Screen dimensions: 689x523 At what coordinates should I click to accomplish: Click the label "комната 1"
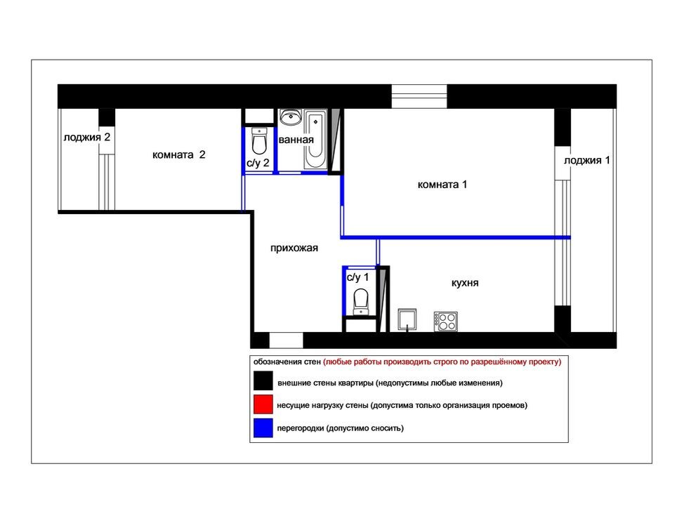pyautogui.click(x=442, y=185)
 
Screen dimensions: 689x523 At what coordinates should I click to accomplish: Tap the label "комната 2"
pyautogui.click(x=178, y=154)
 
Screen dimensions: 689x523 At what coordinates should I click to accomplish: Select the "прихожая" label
pyautogui.click(x=294, y=248)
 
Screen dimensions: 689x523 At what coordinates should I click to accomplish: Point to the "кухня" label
pyautogui.click(x=465, y=283)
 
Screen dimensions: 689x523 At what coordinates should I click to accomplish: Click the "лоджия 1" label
pyautogui.click(x=586, y=160)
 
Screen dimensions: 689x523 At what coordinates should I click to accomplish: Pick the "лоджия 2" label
pyautogui.click(x=86, y=137)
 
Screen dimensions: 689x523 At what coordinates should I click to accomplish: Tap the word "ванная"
pyautogui.click(x=296, y=140)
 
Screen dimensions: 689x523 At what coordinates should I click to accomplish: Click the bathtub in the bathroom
pyautogui.click(x=315, y=140)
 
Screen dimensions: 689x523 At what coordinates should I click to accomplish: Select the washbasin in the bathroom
pyautogui.click(x=291, y=117)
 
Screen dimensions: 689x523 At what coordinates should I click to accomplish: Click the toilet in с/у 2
pyautogui.click(x=259, y=141)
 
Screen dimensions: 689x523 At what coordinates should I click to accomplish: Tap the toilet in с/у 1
pyautogui.click(x=361, y=301)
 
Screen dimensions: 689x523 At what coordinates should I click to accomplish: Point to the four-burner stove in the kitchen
pyautogui.click(x=445, y=322)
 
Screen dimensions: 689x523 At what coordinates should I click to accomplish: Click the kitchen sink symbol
pyautogui.click(x=407, y=319)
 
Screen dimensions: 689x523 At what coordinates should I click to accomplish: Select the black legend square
pyautogui.click(x=263, y=380)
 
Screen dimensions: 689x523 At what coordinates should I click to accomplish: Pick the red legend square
pyautogui.click(x=263, y=404)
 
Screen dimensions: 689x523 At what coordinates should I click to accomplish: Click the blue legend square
pyautogui.click(x=263, y=428)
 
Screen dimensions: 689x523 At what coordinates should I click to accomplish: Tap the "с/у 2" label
pyautogui.click(x=258, y=164)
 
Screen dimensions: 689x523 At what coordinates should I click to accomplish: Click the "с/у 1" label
pyautogui.click(x=357, y=277)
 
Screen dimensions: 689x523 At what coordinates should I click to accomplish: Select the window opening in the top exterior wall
pyautogui.click(x=419, y=96)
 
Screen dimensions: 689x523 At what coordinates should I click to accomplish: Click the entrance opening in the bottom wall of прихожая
pyautogui.click(x=286, y=340)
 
